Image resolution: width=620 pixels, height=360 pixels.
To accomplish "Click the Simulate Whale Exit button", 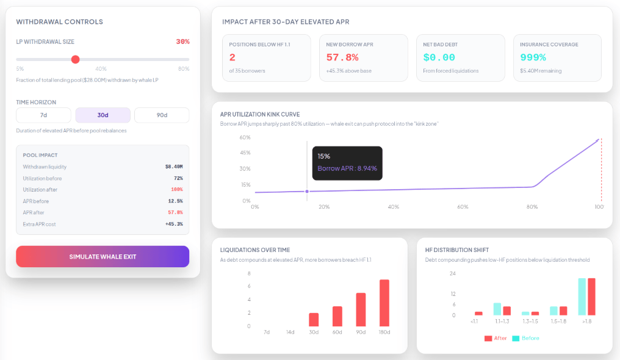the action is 103,256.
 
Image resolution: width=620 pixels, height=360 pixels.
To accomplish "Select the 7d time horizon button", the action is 43,115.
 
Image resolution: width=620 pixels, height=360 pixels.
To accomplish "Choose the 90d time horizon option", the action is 162,115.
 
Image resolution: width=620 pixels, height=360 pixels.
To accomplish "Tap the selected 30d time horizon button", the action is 103,115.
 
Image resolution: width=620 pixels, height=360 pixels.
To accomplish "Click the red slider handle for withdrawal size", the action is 76,59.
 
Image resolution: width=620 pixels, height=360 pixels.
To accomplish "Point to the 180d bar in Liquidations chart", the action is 384,303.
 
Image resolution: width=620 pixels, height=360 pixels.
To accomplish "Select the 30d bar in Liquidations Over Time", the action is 314,320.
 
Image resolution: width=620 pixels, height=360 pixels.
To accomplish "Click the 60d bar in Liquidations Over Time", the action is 337,316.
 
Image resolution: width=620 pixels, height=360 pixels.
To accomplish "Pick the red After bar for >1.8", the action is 591,297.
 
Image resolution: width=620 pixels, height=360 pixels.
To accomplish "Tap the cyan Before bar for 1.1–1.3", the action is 497,309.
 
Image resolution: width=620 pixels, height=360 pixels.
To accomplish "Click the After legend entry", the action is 496,338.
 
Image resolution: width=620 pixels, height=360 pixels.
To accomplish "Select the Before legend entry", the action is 526,338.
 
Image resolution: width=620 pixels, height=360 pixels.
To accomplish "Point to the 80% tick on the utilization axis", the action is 532,207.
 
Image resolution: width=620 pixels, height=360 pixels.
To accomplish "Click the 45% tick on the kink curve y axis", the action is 245,153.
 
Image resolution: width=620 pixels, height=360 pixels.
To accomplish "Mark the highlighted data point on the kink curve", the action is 307,191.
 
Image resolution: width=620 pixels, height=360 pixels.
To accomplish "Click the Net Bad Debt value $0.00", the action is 439,57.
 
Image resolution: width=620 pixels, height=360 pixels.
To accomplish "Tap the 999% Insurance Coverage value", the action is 533,57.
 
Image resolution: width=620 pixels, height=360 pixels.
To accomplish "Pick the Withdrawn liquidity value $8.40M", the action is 174,167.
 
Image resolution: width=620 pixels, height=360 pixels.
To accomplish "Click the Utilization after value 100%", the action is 177,190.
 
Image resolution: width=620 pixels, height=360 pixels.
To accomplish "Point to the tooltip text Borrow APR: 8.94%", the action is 347,168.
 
